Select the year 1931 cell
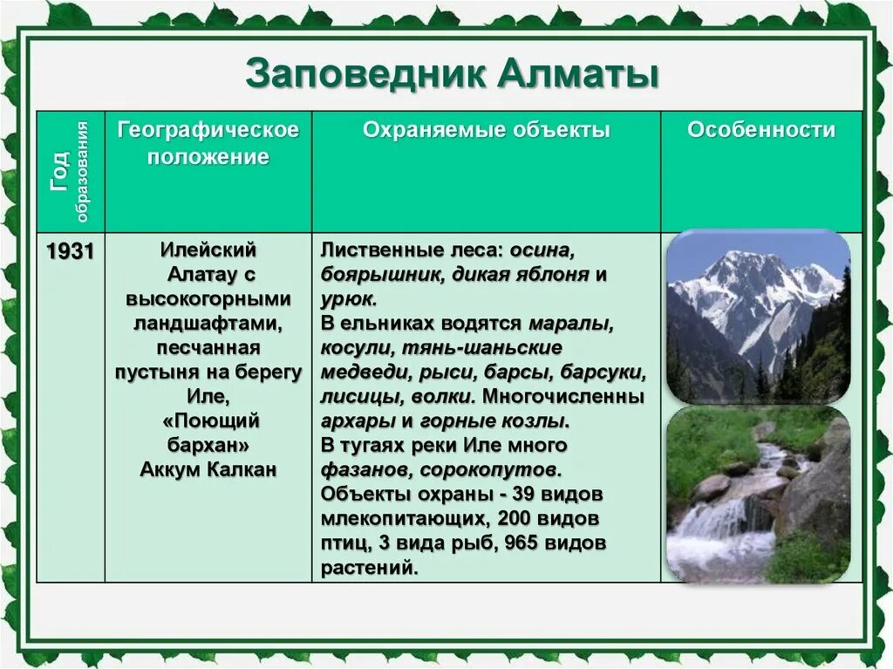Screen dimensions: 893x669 70,251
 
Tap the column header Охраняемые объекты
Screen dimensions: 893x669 487,130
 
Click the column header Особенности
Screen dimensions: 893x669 760,130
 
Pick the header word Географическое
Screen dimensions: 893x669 208,131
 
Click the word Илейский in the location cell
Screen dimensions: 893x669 208,249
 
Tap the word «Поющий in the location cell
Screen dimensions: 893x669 211,421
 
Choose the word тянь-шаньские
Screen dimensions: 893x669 482,348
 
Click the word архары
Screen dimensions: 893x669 358,421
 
